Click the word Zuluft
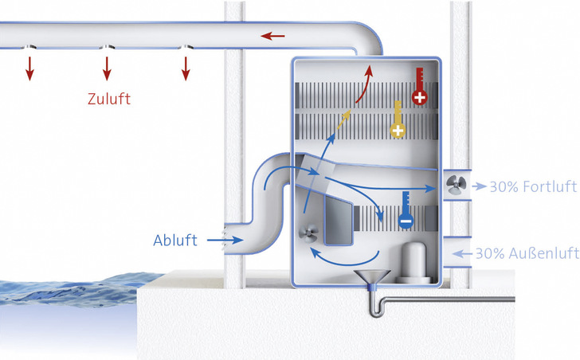109,100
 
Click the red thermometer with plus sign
418,88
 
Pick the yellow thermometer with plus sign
396,119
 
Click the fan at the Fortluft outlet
457,185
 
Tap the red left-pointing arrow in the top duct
273,36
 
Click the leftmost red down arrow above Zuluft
29,68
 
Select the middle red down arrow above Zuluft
107,68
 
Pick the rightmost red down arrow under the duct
186,68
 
